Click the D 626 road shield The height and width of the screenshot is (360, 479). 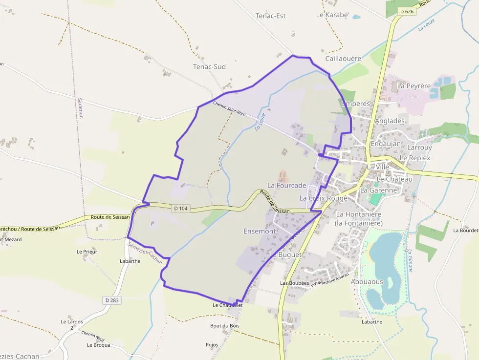pos(407,11)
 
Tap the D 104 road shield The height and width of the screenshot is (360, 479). pos(180,209)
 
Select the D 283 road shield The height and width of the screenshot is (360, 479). pos(112,300)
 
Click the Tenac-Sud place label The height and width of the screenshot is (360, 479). pos(209,66)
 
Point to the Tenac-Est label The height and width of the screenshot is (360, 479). pos(270,16)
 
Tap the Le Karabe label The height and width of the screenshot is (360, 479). pos(332,15)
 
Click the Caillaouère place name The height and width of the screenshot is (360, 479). pos(343,58)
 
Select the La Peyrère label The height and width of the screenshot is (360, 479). pos(414,85)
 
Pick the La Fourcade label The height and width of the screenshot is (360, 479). pos(287,185)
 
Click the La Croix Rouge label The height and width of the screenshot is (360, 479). pos(323,198)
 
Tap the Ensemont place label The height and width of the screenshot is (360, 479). pos(260,231)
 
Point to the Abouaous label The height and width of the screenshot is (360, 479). pos(367,281)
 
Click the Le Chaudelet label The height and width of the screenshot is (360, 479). pos(228,305)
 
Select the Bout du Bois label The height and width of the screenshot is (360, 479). pos(225,325)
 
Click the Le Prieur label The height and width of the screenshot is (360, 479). pos(87,252)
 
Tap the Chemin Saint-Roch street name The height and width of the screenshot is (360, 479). pos(229,108)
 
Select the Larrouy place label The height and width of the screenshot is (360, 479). pos(419,147)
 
